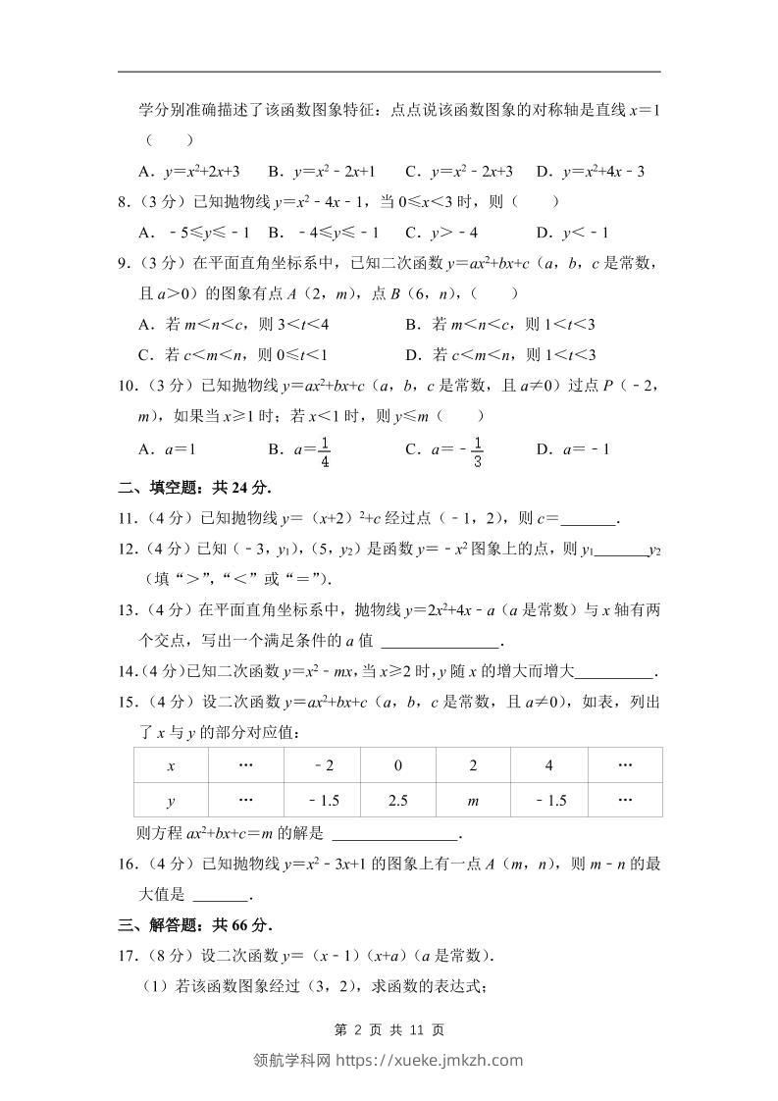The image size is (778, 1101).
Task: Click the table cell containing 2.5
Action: click(398, 801)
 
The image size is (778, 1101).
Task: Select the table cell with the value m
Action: click(473, 801)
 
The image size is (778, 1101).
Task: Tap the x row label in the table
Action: click(171, 765)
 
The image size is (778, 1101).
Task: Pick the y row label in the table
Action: click(171, 801)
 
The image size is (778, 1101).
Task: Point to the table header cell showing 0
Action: click(398, 765)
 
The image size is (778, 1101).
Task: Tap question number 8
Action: click(125, 202)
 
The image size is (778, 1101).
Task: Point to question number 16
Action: click(127, 864)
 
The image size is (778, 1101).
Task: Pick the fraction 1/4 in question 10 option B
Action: click(324, 449)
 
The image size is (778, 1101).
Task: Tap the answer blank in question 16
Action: click(222, 895)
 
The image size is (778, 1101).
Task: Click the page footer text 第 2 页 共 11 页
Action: click(389, 1029)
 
